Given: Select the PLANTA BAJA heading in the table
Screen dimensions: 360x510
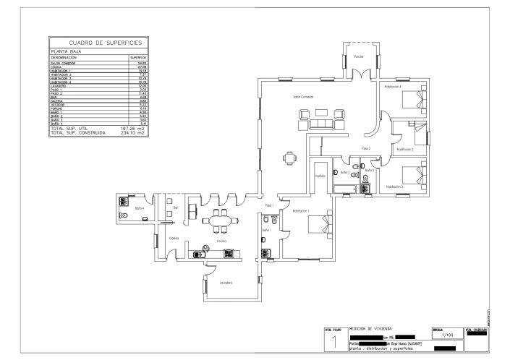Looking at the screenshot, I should coord(65,52).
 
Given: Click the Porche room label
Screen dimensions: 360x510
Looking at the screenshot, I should coord(358,56).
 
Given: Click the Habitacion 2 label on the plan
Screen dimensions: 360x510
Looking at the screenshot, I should coord(404,149).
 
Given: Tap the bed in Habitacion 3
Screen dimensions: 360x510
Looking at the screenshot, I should coord(413,174).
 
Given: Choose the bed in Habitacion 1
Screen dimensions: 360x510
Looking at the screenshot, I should coord(318,224).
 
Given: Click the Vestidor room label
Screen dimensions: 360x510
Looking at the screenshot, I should coord(320,176).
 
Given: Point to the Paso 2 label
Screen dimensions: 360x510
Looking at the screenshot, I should coord(366,148).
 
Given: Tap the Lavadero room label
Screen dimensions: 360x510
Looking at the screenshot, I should coord(226,283).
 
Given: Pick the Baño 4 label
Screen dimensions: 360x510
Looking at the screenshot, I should coord(138,208).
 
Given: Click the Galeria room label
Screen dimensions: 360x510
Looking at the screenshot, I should coord(174,238).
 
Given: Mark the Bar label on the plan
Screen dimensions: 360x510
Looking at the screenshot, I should coord(175,208).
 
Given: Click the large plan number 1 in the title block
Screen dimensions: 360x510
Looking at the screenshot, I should coord(334,343).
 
